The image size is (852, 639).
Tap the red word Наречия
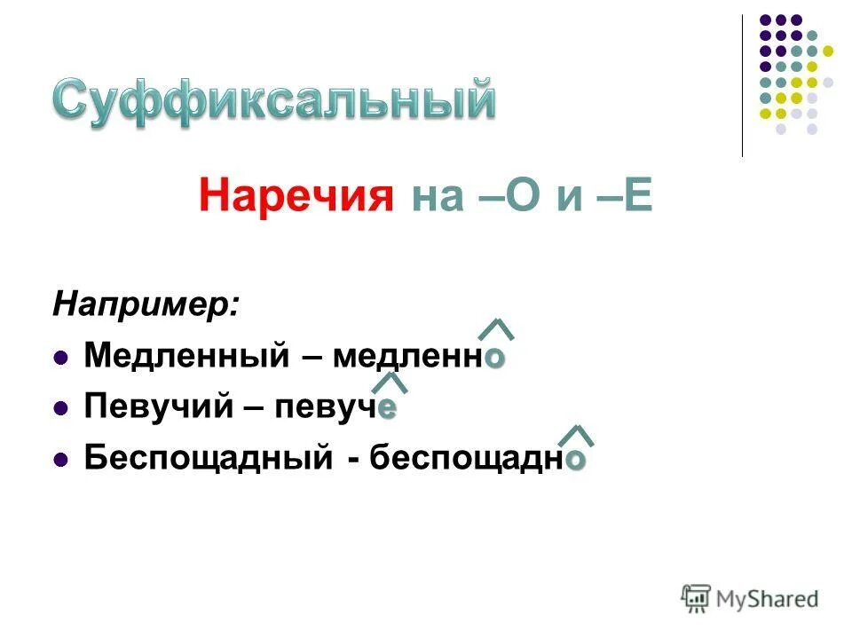(x=296, y=196)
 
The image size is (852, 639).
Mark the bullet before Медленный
(x=60, y=359)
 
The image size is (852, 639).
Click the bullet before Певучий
(x=60, y=409)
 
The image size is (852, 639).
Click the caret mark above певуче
(x=389, y=382)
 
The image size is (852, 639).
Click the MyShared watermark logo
(x=750, y=599)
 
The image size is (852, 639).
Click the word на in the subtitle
(x=438, y=196)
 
